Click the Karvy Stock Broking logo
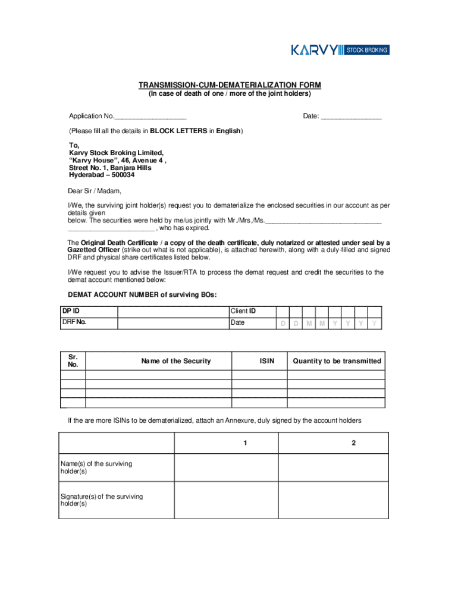340,50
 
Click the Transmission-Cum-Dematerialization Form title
229,85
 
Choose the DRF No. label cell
89,323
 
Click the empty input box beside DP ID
173,312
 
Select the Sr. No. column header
73,361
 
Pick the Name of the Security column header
175,361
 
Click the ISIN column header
267,361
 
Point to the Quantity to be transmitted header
337,361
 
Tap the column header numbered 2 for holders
353,444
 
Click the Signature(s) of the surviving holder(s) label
101,500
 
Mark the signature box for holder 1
226,500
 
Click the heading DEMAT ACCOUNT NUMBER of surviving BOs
142,295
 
